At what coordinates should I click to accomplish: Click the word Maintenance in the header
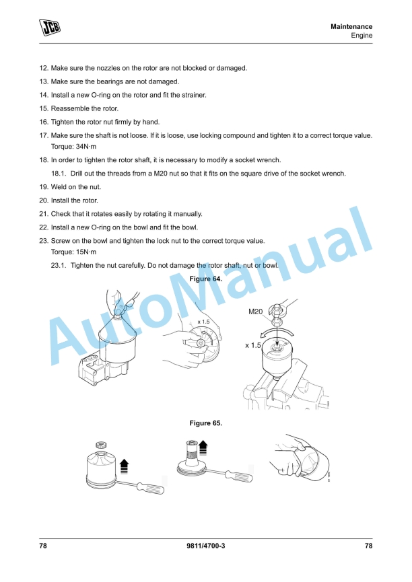351,26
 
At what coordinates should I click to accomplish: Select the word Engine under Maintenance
362,36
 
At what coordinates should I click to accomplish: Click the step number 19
44,187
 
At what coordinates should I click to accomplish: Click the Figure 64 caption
205,279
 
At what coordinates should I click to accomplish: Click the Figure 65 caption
205,423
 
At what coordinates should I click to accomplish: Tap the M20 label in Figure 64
256,312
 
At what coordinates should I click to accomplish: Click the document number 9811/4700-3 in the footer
205,546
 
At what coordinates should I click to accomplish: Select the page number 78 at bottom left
43,546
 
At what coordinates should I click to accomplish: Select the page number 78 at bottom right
368,546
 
